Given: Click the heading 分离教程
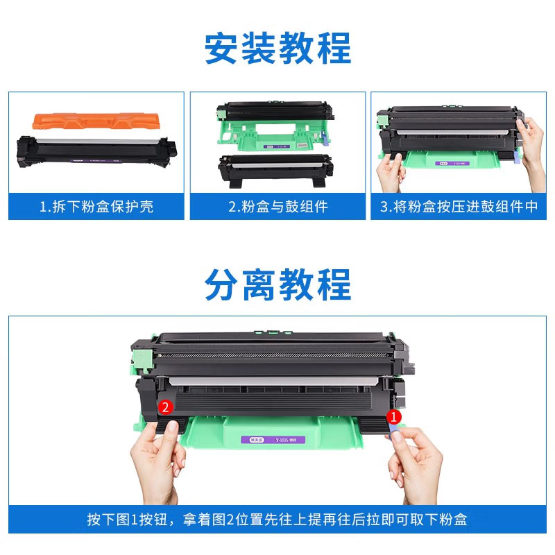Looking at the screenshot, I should (277, 284).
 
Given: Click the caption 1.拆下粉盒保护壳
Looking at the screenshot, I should (96, 207).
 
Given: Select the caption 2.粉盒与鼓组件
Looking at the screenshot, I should (277, 207).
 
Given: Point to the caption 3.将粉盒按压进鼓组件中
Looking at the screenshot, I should (459, 207).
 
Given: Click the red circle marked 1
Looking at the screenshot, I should (393, 416).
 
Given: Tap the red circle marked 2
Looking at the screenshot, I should (165, 407).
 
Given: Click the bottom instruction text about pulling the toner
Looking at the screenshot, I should (277, 519).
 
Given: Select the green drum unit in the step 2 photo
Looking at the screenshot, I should (277, 125).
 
